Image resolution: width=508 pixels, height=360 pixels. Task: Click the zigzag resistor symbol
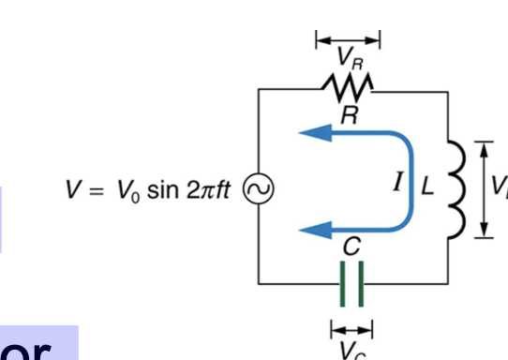pyautogui.click(x=349, y=89)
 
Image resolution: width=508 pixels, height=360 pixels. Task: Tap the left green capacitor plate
pyautogui.click(x=342, y=282)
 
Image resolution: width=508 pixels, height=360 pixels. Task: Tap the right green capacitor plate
pyautogui.click(x=359, y=282)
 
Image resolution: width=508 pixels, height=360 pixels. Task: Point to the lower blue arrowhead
pyautogui.click(x=312, y=229)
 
